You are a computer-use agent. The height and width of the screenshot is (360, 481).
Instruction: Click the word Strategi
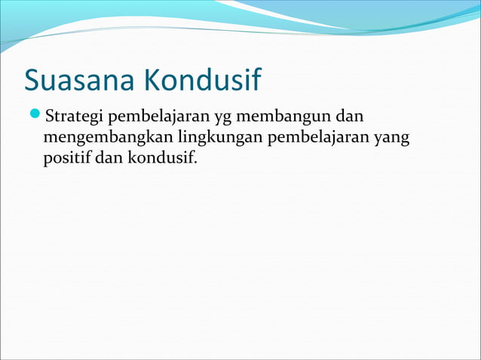[x=75, y=118]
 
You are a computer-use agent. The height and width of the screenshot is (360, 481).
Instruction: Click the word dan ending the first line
[x=348, y=117]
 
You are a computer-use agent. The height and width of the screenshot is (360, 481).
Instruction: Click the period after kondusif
[x=194, y=163]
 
